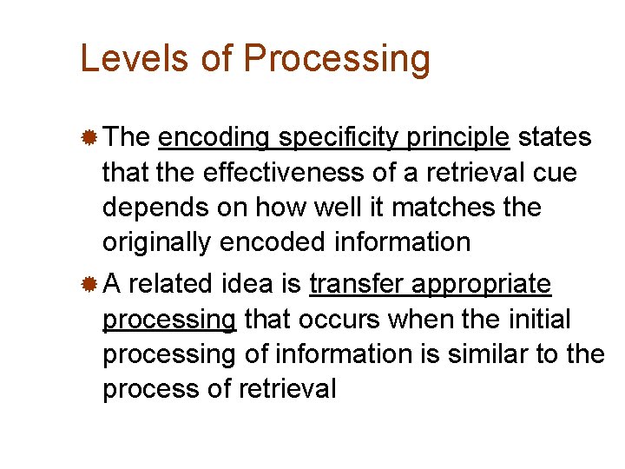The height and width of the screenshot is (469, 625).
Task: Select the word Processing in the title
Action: (x=337, y=59)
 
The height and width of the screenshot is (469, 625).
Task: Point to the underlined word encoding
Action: (x=214, y=138)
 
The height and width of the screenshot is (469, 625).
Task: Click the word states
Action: (x=555, y=137)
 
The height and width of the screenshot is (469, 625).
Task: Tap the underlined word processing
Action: (x=168, y=320)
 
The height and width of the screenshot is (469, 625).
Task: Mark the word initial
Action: (x=536, y=320)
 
